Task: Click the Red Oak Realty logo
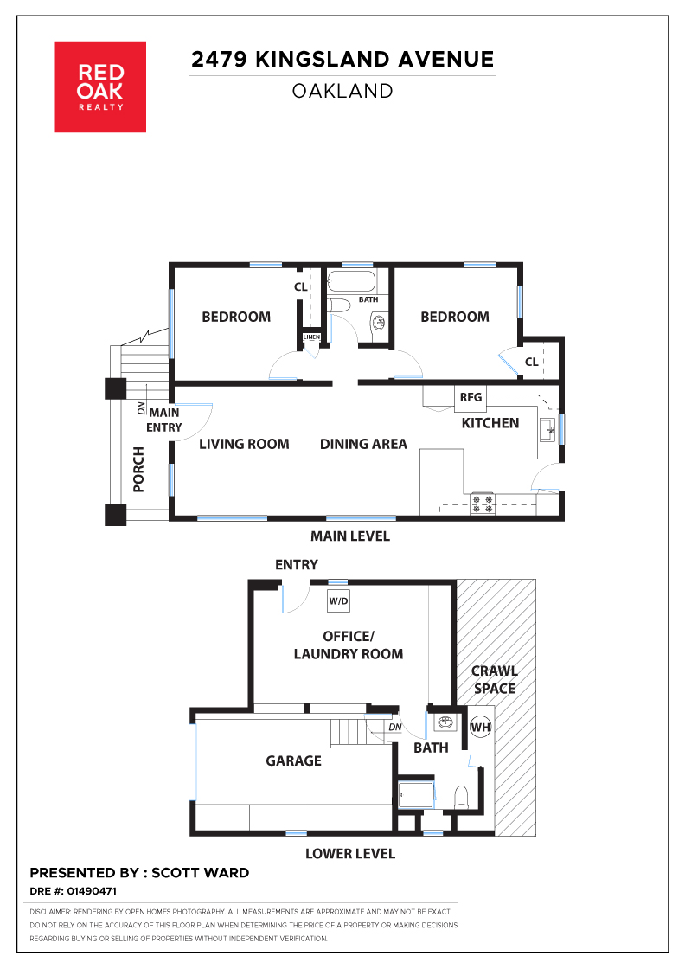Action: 100,87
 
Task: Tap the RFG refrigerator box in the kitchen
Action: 471,397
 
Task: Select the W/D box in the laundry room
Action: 338,600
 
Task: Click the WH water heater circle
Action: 481,727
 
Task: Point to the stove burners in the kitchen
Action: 483,504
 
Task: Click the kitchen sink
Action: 547,429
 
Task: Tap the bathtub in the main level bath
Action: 351,281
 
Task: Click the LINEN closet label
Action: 312,337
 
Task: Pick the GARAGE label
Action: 293,760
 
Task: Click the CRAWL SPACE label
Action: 495,680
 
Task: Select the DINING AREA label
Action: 363,445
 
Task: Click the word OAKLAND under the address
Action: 342,92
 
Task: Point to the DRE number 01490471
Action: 92,891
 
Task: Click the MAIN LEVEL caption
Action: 350,536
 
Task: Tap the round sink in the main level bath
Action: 379,322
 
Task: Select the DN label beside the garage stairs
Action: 395,728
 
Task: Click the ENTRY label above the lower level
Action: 297,565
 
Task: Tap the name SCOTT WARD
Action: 200,873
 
